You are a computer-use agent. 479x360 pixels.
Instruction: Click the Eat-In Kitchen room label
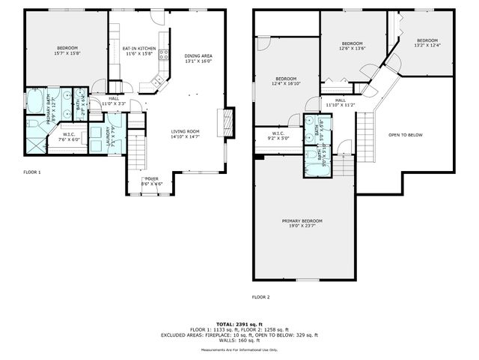pos(139,51)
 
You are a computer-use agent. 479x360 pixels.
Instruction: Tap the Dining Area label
pos(198,58)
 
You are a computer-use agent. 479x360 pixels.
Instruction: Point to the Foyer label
pos(152,181)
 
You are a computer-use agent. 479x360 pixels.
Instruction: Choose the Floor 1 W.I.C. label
pos(71,137)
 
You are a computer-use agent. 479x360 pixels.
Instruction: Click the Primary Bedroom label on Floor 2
pos(302,223)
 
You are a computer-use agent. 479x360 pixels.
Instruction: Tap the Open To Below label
pos(405,135)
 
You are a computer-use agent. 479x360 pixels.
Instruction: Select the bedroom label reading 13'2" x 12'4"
pos(427,43)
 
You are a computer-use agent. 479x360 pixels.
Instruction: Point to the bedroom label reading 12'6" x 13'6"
pos(352,46)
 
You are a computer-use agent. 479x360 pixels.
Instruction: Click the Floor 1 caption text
pos(32,172)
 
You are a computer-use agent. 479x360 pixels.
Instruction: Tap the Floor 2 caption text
pos(260,297)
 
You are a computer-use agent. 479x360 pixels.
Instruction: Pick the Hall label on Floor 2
pos(340,102)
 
